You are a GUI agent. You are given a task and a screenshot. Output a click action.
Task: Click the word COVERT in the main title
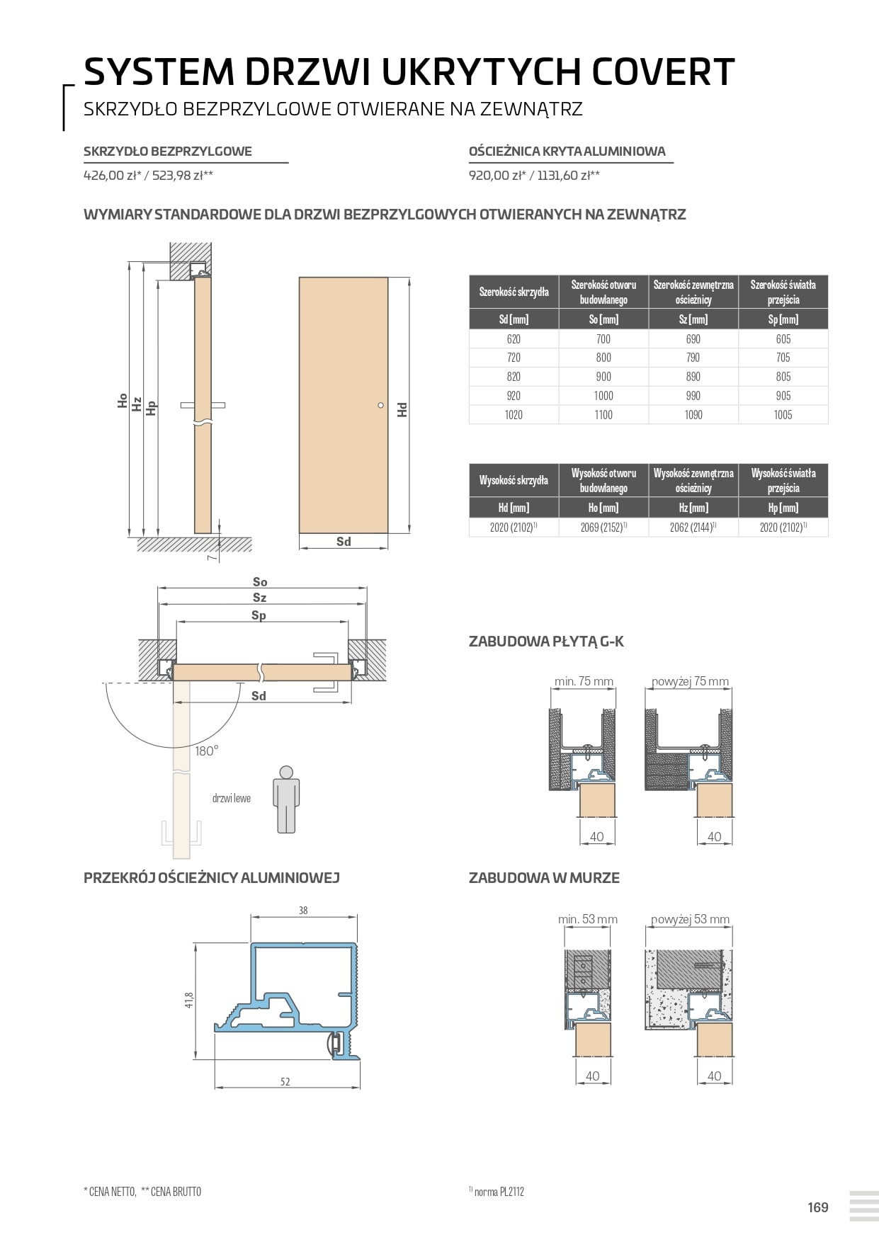(x=662, y=72)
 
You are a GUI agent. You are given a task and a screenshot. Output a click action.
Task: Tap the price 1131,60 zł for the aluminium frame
(x=568, y=176)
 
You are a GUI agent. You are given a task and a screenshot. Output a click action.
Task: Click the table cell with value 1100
(x=603, y=415)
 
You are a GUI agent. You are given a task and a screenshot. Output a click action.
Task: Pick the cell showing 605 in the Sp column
(x=783, y=339)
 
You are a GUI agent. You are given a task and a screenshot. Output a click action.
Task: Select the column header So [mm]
(x=603, y=319)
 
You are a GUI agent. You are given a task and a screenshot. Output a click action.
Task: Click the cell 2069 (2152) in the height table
(x=603, y=528)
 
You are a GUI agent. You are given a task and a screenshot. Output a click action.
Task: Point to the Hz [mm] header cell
(x=693, y=508)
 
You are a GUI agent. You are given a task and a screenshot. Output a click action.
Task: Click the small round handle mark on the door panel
(x=380, y=406)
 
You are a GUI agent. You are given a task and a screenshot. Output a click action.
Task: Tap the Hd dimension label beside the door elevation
(x=402, y=409)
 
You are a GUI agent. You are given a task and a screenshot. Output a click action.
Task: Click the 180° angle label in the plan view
(x=206, y=751)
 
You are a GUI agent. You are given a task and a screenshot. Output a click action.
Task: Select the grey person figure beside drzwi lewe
(x=286, y=799)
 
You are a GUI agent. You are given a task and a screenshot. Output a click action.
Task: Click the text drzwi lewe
(x=232, y=799)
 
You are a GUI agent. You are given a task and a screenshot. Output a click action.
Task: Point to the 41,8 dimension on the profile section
(x=189, y=1000)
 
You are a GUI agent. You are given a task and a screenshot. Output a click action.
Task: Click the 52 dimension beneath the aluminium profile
(x=285, y=1081)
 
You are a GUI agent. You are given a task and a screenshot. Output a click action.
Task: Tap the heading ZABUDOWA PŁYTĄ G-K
(x=546, y=642)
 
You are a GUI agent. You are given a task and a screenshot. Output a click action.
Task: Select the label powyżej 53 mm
(x=690, y=919)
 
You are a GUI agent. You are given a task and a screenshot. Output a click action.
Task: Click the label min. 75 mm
(x=584, y=681)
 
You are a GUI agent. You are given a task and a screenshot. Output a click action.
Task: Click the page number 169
(x=817, y=1207)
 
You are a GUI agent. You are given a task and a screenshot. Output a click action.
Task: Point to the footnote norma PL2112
(x=499, y=1192)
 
